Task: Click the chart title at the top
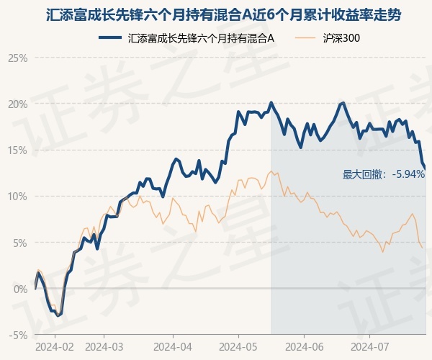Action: [223, 15]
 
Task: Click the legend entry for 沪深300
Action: [328, 37]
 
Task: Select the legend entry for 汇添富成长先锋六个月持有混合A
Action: [186, 37]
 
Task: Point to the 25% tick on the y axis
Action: [18, 58]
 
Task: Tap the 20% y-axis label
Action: [18, 104]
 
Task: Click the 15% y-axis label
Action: [18, 150]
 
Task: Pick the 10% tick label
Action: [18, 197]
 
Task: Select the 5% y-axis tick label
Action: [21, 243]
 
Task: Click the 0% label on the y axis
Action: [21, 289]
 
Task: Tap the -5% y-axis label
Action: [19, 336]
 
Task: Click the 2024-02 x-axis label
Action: [55, 347]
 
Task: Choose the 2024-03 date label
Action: [104, 347]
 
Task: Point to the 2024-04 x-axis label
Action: [173, 347]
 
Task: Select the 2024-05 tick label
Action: [238, 347]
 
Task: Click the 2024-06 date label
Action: [304, 347]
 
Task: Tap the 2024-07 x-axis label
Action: [370, 347]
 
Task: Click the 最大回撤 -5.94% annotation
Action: [384, 174]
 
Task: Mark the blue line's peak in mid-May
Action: [271, 103]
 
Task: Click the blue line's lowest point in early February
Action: [58, 315]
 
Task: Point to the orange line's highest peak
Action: [271, 171]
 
